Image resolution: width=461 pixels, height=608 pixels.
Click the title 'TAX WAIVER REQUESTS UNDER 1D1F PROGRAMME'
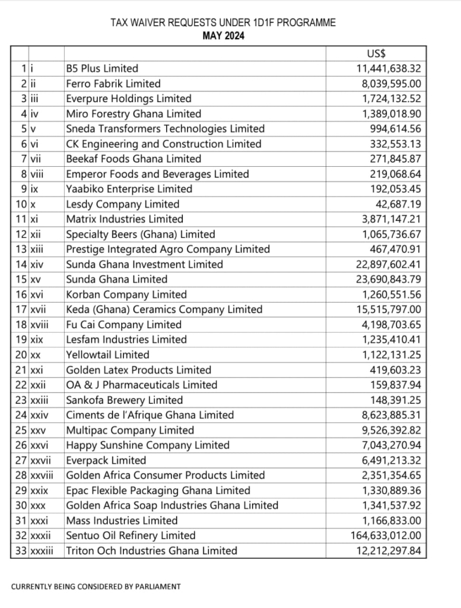(223, 23)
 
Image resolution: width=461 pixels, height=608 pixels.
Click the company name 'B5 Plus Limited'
(102, 69)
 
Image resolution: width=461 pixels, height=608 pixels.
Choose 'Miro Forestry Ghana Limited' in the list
(133, 114)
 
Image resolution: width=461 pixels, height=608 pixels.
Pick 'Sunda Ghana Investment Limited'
(144, 265)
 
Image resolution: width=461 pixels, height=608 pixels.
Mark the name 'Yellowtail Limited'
(107, 355)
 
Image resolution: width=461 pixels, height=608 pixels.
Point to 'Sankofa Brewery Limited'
(124, 400)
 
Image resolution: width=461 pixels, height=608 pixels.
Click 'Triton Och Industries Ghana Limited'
(151, 551)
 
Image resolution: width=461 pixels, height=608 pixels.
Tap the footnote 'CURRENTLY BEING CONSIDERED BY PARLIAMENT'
(96, 587)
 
